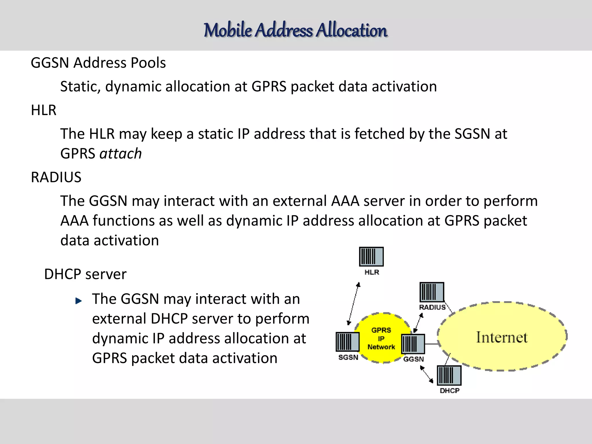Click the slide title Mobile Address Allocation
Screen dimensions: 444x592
coord(295,30)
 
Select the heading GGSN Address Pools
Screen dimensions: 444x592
coord(98,63)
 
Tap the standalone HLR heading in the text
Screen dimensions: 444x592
coord(44,110)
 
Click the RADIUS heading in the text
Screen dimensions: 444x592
coord(56,177)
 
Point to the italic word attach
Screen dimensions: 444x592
coord(121,153)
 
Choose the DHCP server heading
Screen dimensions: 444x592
coord(85,274)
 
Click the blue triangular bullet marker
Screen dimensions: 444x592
coord(78,301)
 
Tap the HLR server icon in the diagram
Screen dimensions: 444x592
coord(371,257)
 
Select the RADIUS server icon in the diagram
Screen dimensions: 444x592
coord(432,292)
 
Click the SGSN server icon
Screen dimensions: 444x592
coord(347,342)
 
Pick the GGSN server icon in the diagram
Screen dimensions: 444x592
coord(413,344)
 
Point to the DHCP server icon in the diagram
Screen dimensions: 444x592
coord(449,375)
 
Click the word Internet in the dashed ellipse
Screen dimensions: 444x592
coord(502,337)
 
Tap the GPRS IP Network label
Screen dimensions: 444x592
coord(381,338)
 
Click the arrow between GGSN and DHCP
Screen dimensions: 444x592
coord(426,374)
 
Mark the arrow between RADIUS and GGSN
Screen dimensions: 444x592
coord(418,323)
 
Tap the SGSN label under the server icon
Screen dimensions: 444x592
coord(348,358)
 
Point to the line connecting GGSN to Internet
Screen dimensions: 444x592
coord(431,344)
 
